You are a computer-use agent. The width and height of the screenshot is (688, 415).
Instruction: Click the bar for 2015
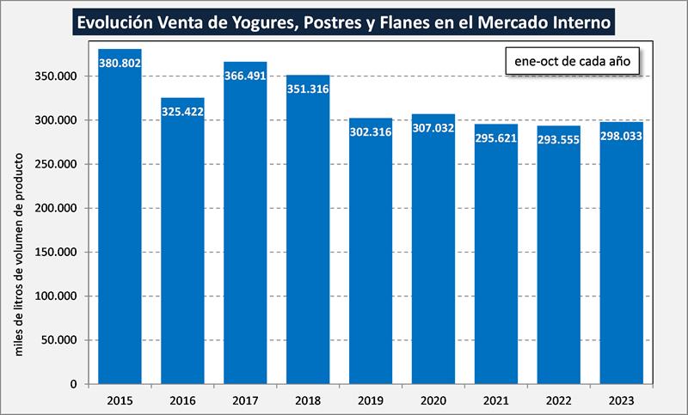[x=120, y=223]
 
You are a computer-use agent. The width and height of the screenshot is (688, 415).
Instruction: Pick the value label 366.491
[x=245, y=76]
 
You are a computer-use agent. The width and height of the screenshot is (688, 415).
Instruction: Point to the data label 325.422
[x=182, y=112]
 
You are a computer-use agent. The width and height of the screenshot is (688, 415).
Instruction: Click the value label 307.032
[x=433, y=128]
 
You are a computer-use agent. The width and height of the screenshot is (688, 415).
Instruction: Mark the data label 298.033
[x=622, y=135]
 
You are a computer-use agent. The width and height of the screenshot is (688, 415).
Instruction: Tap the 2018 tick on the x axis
[x=308, y=400]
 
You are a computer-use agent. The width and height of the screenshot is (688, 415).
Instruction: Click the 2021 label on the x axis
[x=496, y=400]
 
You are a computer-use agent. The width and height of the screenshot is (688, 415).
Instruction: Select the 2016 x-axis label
[x=182, y=400]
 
